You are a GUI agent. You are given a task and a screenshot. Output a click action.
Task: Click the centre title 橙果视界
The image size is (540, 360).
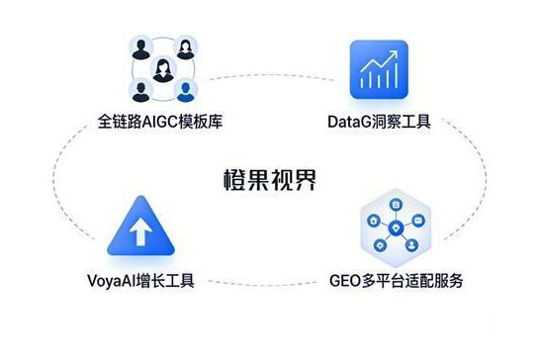click(269, 181)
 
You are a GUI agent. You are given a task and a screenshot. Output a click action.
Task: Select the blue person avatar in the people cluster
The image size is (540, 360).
click(186, 93)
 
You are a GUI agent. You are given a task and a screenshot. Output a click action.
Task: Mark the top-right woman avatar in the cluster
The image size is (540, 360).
click(185, 49)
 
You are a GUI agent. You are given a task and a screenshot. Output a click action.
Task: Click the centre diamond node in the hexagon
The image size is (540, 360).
click(396, 226)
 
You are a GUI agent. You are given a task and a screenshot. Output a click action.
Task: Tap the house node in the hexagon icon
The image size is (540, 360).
click(373, 220)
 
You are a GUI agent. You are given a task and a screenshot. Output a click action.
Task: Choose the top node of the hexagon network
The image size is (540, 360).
click(395, 205)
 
